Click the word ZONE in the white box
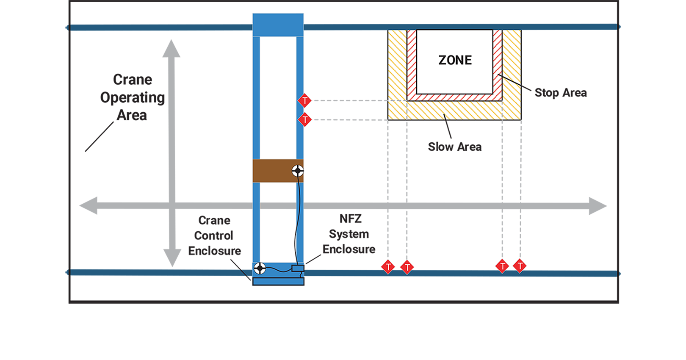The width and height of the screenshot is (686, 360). (x=455, y=60)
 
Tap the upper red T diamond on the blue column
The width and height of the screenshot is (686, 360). (x=304, y=101)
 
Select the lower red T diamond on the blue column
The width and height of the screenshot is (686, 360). (x=305, y=120)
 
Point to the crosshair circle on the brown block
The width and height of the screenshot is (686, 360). (x=298, y=171)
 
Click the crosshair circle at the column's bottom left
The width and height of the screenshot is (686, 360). (x=260, y=268)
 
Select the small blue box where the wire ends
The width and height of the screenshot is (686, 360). (x=298, y=268)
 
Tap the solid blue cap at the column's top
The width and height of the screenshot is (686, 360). (x=278, y=25)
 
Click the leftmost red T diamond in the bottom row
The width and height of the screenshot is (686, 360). (x=388, y=267)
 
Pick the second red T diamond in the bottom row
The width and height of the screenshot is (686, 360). (x=407, y=267)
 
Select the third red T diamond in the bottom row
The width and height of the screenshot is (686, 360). (x=502, y=266)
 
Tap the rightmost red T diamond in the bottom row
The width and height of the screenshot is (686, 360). (x=520, y=266)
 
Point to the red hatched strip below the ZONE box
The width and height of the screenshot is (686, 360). (x=455, y=97)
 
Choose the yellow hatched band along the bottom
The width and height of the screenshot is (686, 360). (x=455, y=111)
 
